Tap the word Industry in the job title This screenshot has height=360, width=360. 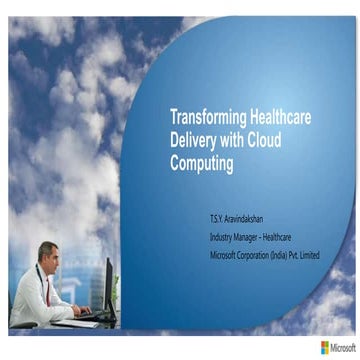click(223, 236)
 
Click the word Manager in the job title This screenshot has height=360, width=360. click(251, 236)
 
